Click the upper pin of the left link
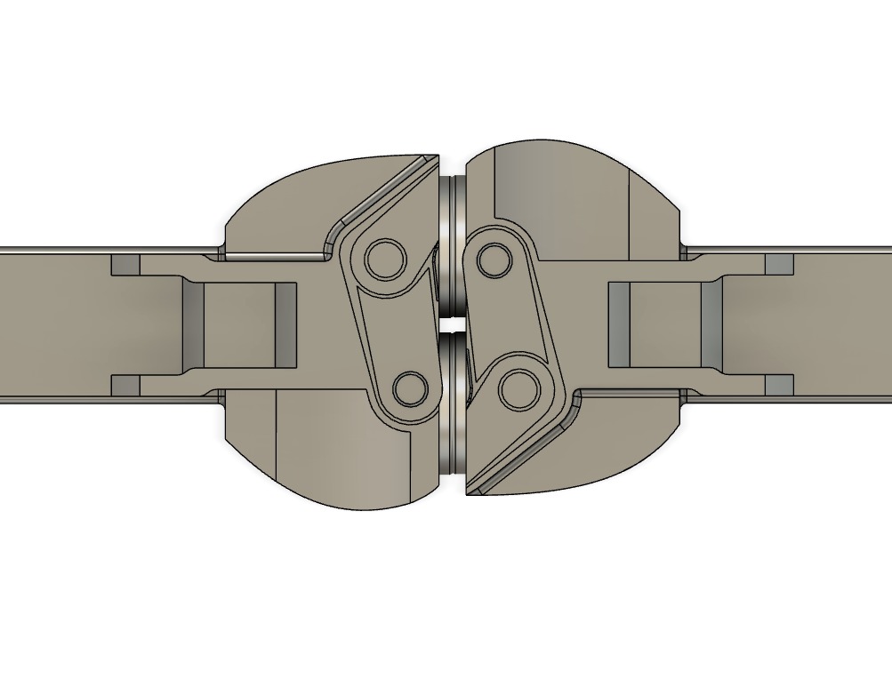(385, 258)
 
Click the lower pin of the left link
(410, 387)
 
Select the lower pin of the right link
(516, 388)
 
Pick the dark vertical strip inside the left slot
(285, 324)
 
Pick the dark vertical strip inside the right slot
(618, 324)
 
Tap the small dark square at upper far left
(125, 264)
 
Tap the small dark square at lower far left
(125, 385)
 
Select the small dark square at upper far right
(779, 264)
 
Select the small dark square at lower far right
(779, 385)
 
